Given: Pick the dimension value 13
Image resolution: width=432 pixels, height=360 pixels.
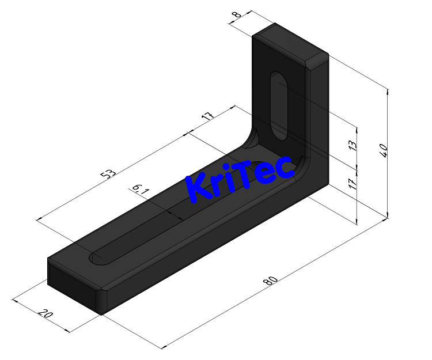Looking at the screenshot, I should (x=353, y=146).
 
